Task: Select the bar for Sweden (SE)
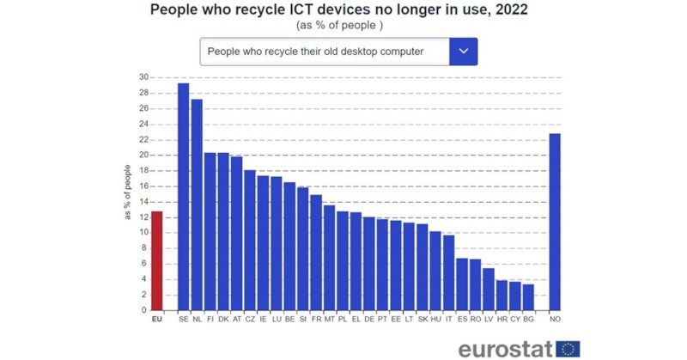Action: tap(183, 197)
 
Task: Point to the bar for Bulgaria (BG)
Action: tap(528, 297)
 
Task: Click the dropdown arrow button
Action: tap(463, 52)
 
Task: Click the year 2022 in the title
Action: tap(508, 10)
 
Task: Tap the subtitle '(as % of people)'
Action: tap(340, 26)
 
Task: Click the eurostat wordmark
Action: tap(506, 348)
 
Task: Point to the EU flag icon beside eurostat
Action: tap(568, 348)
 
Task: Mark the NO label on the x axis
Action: tap(555, 320)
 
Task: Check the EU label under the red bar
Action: tap(156, 320)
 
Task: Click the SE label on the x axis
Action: tap(183, 320)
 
